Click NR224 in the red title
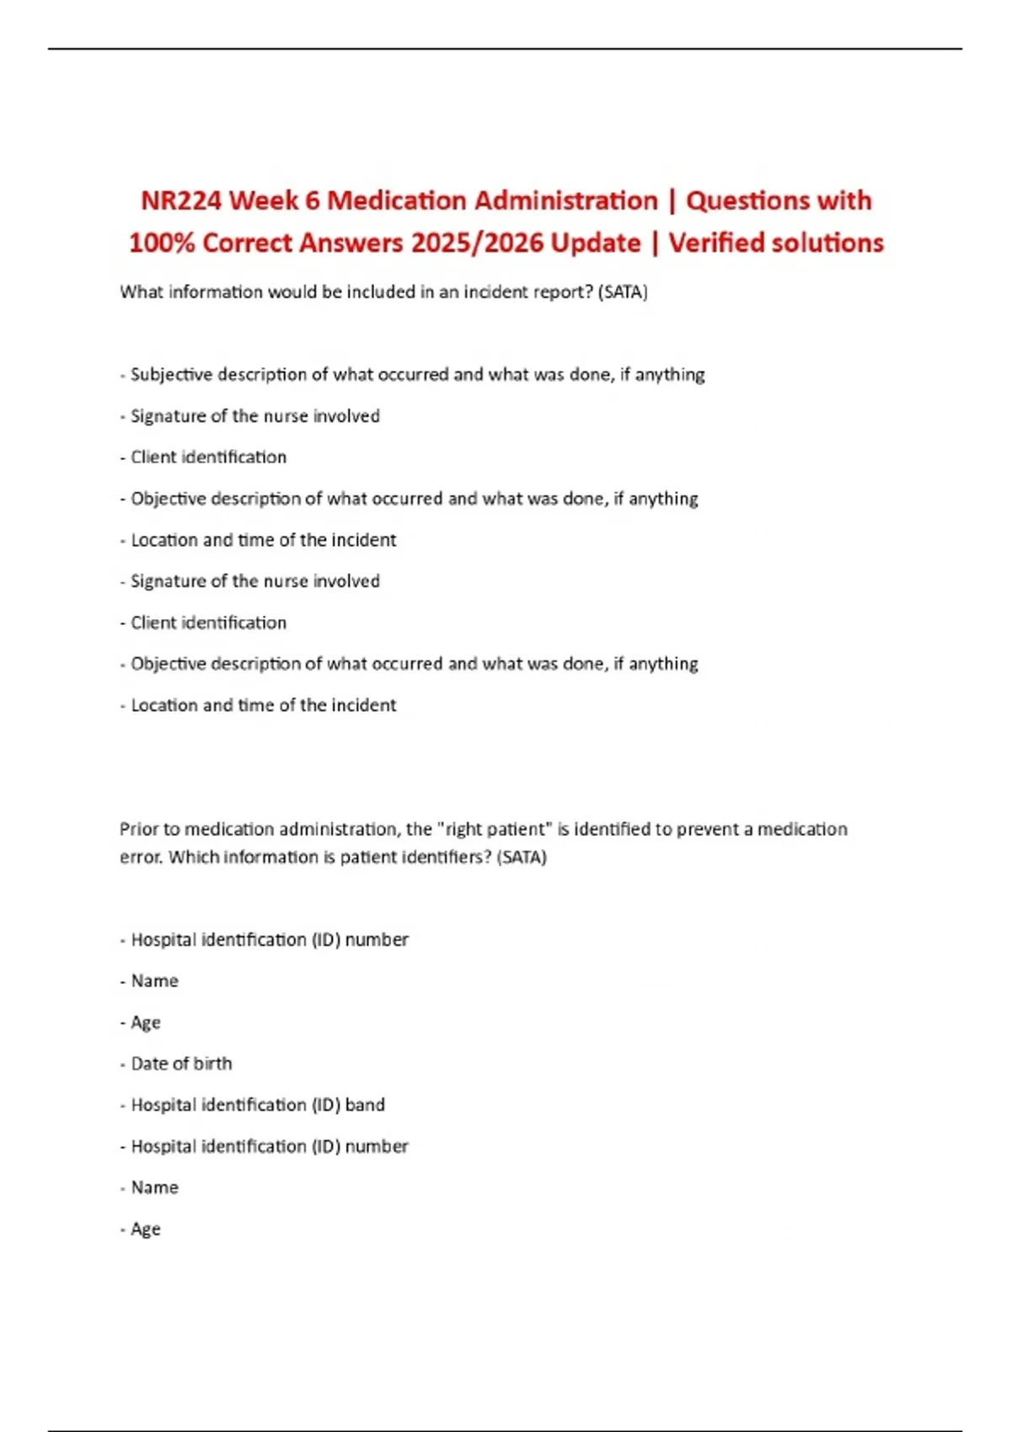[180, 200]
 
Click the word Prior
[138, 829]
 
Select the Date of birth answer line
[181, 1063]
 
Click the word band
[365, 1104]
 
